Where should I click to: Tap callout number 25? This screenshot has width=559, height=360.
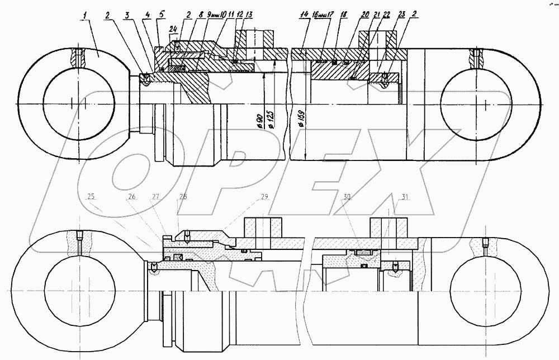91,196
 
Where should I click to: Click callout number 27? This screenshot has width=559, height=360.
156,196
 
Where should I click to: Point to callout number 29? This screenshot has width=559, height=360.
264,196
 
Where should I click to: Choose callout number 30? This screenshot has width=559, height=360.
348,196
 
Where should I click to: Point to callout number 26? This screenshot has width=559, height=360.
132,196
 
